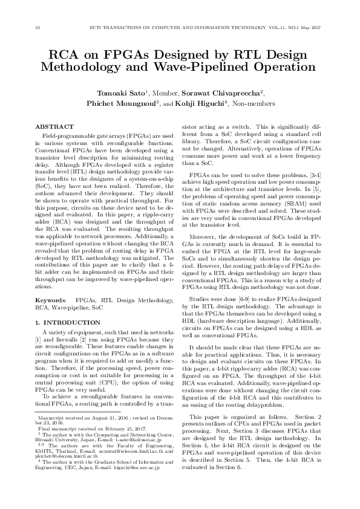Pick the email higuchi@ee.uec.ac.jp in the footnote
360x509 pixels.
(137, 484)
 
